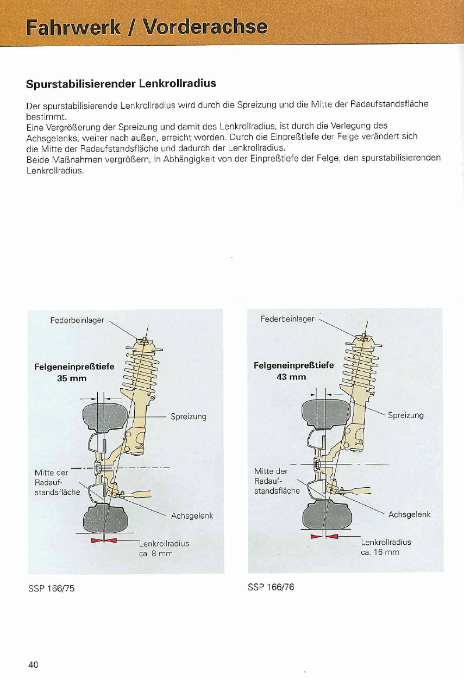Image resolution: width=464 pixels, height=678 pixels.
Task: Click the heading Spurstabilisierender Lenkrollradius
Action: click(x=121, y=84)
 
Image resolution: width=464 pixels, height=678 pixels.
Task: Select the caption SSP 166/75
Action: click(x=51, y=588)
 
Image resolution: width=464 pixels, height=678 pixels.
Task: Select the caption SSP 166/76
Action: click(x=271, y=588)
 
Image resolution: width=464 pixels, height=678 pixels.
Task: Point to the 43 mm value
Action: click(x=291, y=377)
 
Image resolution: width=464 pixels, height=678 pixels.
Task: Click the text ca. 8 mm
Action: click(x=155, y=553)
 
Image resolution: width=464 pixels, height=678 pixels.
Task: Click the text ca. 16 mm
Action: click(x=380, y=552)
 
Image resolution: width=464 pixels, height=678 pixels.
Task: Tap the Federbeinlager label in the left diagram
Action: click(x=77, y=320)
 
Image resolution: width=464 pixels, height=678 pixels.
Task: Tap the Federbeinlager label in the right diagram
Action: click(x=287, y=319)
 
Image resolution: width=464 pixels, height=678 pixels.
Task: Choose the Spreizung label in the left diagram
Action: click(x=189, y=417)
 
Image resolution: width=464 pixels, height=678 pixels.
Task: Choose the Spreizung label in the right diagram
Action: click(x=405, y=415)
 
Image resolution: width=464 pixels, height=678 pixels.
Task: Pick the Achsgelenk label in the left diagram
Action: click(x=192, y=515)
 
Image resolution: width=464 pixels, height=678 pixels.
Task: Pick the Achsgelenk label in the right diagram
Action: click(x=409, y=514)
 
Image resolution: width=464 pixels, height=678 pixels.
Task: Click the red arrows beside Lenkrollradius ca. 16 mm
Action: click(x=324, y=537)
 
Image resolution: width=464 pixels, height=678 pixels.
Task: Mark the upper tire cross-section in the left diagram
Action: click(x=104, y=416)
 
